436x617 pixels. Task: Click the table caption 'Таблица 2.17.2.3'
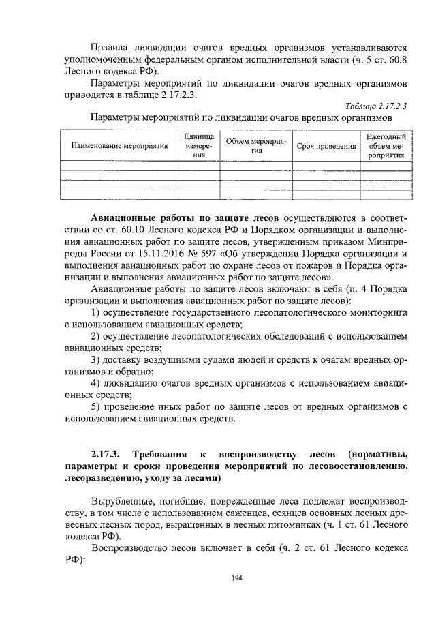[x=375, y=106]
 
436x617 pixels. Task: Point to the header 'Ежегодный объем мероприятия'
[x=386, y=146]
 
